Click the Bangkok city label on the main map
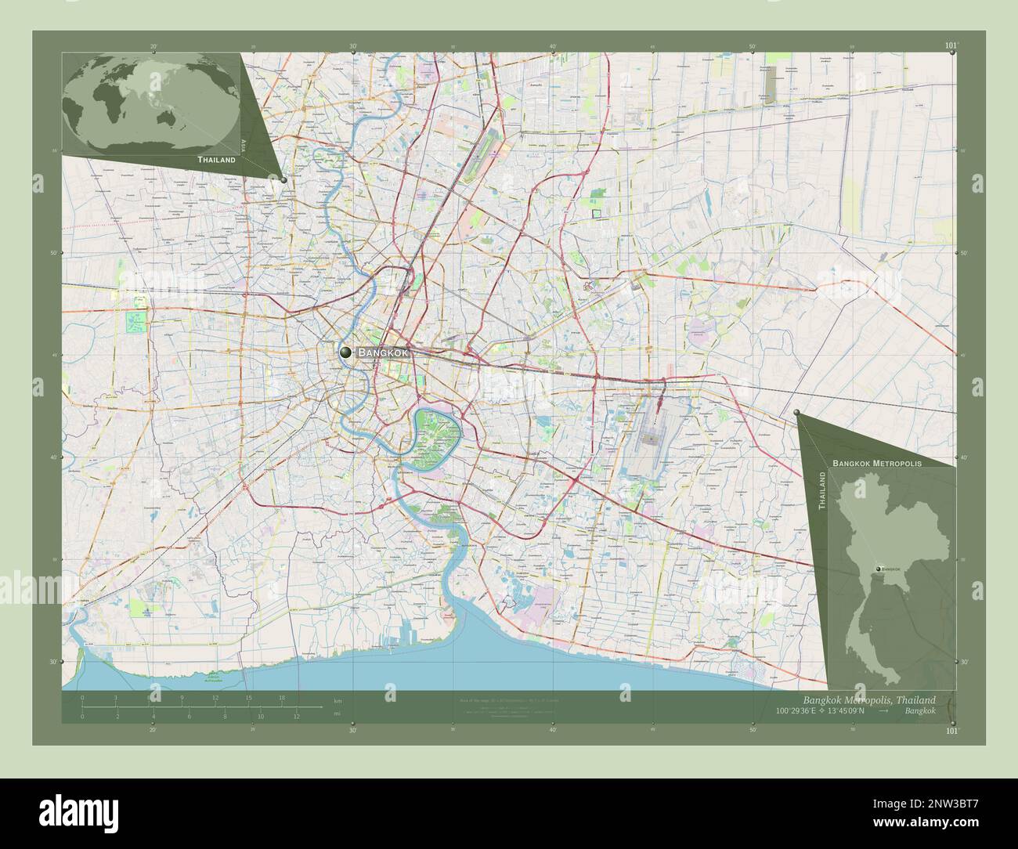(x=384, y=353)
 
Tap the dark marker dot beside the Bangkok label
(x=345, y=353)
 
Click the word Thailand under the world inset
(x=216, y=160)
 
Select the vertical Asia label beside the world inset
(x=244, y=145)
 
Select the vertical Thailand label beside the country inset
(x=822, y=491)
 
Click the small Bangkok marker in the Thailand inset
(x=879, y=568)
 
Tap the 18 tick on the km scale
(x=281, y=697)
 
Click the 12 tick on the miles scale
(x=297, y=716)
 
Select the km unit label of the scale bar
(x=338, y=700)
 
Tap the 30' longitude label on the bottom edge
(x=353, y=730)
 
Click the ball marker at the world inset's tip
(x=283, y=179)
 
